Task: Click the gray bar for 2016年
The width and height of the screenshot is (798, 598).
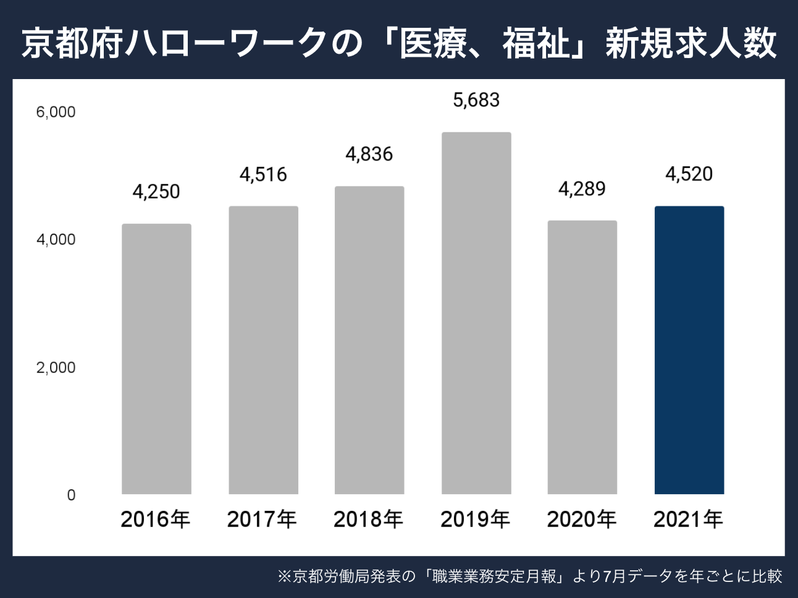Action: tap(156, 359)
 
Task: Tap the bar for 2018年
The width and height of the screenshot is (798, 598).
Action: tap(369, 340)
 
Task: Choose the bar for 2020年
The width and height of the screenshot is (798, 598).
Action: tap(582, 358)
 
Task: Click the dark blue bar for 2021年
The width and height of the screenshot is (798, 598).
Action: tap(689, 350)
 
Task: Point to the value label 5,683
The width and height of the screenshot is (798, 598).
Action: tap(476, 100)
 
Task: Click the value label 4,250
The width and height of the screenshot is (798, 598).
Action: tap(156, 192)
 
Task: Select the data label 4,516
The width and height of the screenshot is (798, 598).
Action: tap(263, 175)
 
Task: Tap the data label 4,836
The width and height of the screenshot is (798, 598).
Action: tap(369, 154)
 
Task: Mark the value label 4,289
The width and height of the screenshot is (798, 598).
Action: tap(582, 189)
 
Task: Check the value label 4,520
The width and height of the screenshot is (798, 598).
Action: tap(689, 174)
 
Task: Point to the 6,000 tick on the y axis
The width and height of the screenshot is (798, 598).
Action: tap(56, 112)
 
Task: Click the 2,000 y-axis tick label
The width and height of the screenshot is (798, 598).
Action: tap(56, 368)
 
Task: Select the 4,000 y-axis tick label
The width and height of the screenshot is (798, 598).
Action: tap(56, 240)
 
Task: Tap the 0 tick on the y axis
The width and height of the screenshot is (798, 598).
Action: tap(71, 495)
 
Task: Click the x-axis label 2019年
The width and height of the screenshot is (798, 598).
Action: tap(476, 520)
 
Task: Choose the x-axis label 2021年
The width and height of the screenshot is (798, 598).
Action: tap(688, 520)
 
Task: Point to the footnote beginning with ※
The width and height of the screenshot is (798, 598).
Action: tap(530, 577)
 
